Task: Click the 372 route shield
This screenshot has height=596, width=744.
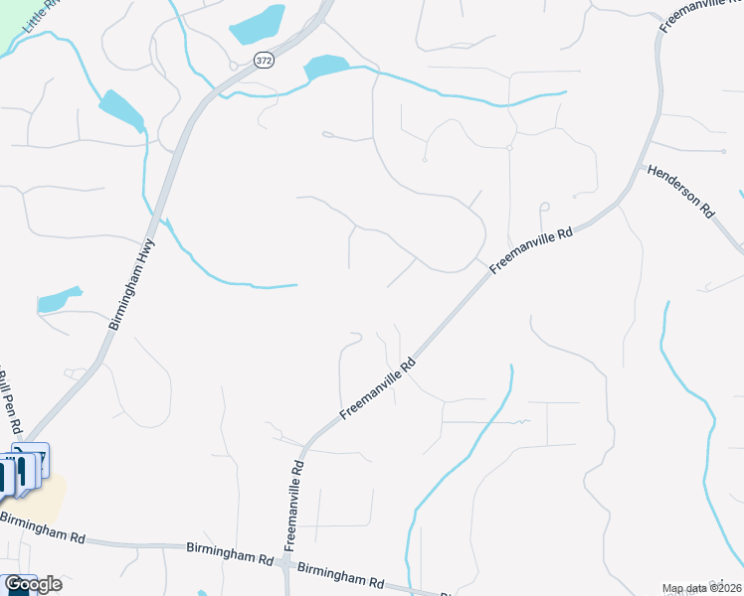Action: click(263, 61)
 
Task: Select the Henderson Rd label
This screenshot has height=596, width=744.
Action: click(681, 192)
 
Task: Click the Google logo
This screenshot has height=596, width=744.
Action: click(33, 584)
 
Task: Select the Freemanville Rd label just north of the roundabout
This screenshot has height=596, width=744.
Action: click(293, 508)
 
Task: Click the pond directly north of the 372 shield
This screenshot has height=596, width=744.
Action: click(258, 24)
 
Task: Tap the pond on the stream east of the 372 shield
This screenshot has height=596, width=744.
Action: click(325, 67)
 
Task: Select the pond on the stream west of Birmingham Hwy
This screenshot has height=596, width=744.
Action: click(121, 110)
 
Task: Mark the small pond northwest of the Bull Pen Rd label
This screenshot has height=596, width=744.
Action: click(58, 299)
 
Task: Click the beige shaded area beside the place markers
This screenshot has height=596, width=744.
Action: click(50, 497)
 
